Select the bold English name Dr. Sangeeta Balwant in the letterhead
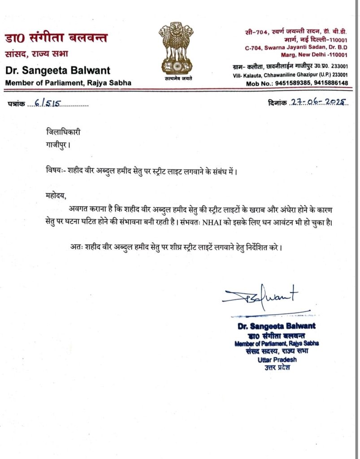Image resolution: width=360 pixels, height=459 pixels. (57, 71)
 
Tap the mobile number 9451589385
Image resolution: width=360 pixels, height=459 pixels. (291, 83)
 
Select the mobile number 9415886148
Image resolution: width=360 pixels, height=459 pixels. (330, 83)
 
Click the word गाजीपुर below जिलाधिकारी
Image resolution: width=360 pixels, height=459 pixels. (57, 146)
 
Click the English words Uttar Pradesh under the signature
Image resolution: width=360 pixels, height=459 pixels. (278, 359)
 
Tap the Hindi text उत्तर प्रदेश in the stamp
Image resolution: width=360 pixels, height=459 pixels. (278, 368)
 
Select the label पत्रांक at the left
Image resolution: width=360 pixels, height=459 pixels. (16, 104)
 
